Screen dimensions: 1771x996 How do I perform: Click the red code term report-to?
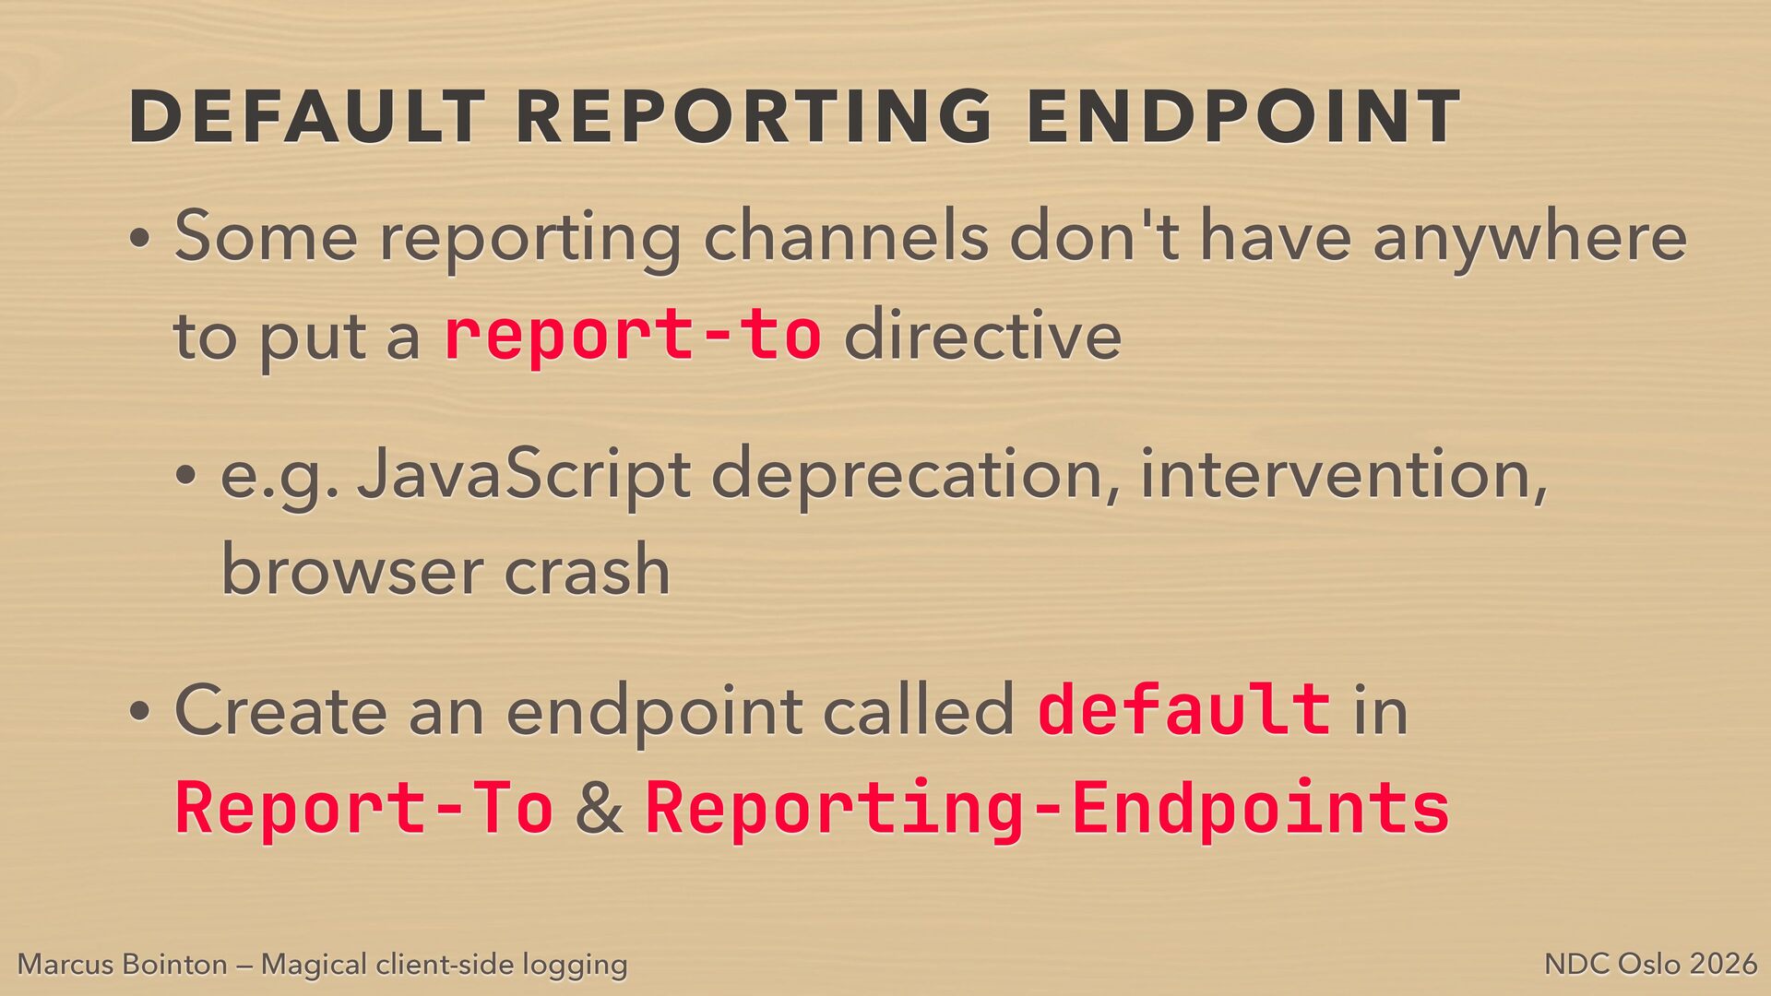(633, 334)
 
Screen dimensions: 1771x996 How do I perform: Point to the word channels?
(847, 236)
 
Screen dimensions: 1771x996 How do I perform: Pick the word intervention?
(1344, 476)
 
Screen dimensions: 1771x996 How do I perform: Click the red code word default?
(1184, 709)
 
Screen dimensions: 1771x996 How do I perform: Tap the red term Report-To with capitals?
(364, 807)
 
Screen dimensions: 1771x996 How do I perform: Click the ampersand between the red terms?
(599, 808)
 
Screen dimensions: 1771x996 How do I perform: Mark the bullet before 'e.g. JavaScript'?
(186, 477)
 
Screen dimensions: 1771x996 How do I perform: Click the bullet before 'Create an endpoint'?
(139, 713)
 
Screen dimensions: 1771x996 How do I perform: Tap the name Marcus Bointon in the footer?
(123, 965)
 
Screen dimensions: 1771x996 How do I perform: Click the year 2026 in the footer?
(1724, 965)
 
